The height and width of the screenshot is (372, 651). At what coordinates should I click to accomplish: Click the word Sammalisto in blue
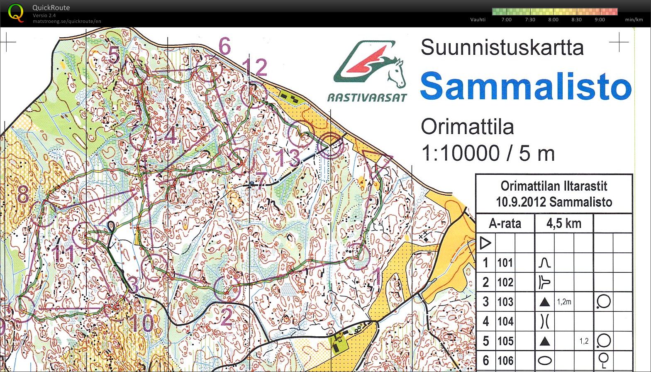coord(526,86)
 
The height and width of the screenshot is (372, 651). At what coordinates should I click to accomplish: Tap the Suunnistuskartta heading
coord(502,47)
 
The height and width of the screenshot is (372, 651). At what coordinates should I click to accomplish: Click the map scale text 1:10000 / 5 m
coord(488,153)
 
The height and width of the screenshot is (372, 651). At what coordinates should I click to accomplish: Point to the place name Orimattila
coord(467,127)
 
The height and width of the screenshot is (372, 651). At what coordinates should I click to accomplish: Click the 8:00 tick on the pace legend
coord(553,20)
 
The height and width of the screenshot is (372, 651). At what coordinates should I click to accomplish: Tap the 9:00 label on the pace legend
coord(600,20)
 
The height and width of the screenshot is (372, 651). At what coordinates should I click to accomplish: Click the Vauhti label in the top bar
coord(478,20)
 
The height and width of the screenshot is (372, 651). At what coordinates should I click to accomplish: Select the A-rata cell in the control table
coord(505,223)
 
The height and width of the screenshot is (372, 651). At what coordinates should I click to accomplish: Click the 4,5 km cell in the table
coord(563,223)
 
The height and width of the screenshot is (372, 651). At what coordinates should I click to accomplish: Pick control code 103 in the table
coord(505,302)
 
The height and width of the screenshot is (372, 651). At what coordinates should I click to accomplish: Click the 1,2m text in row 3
coord(564,302)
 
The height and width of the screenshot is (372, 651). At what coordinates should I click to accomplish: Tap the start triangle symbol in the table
coord(485,242)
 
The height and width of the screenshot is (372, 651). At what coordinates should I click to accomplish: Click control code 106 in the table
coord(505,360)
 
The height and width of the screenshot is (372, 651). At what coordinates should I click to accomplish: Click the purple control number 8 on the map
coord(23,194)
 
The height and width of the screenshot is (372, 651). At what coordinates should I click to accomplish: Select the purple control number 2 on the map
coord(226,318)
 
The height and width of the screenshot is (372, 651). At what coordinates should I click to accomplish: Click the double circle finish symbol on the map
coord(331,145)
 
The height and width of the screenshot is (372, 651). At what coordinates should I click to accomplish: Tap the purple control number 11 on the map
coord(64,253)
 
